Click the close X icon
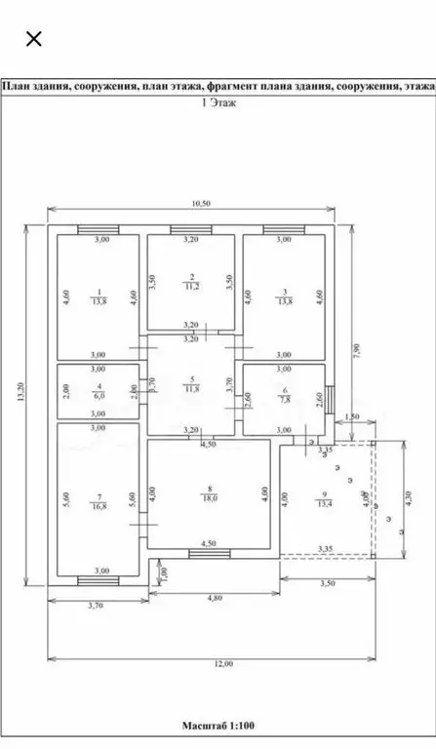point(33,39)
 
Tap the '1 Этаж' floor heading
point(218,101)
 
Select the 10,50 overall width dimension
point(201,203)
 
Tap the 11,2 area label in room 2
point(193,288)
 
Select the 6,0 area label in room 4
point(99,398)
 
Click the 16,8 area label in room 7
point(99,506)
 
